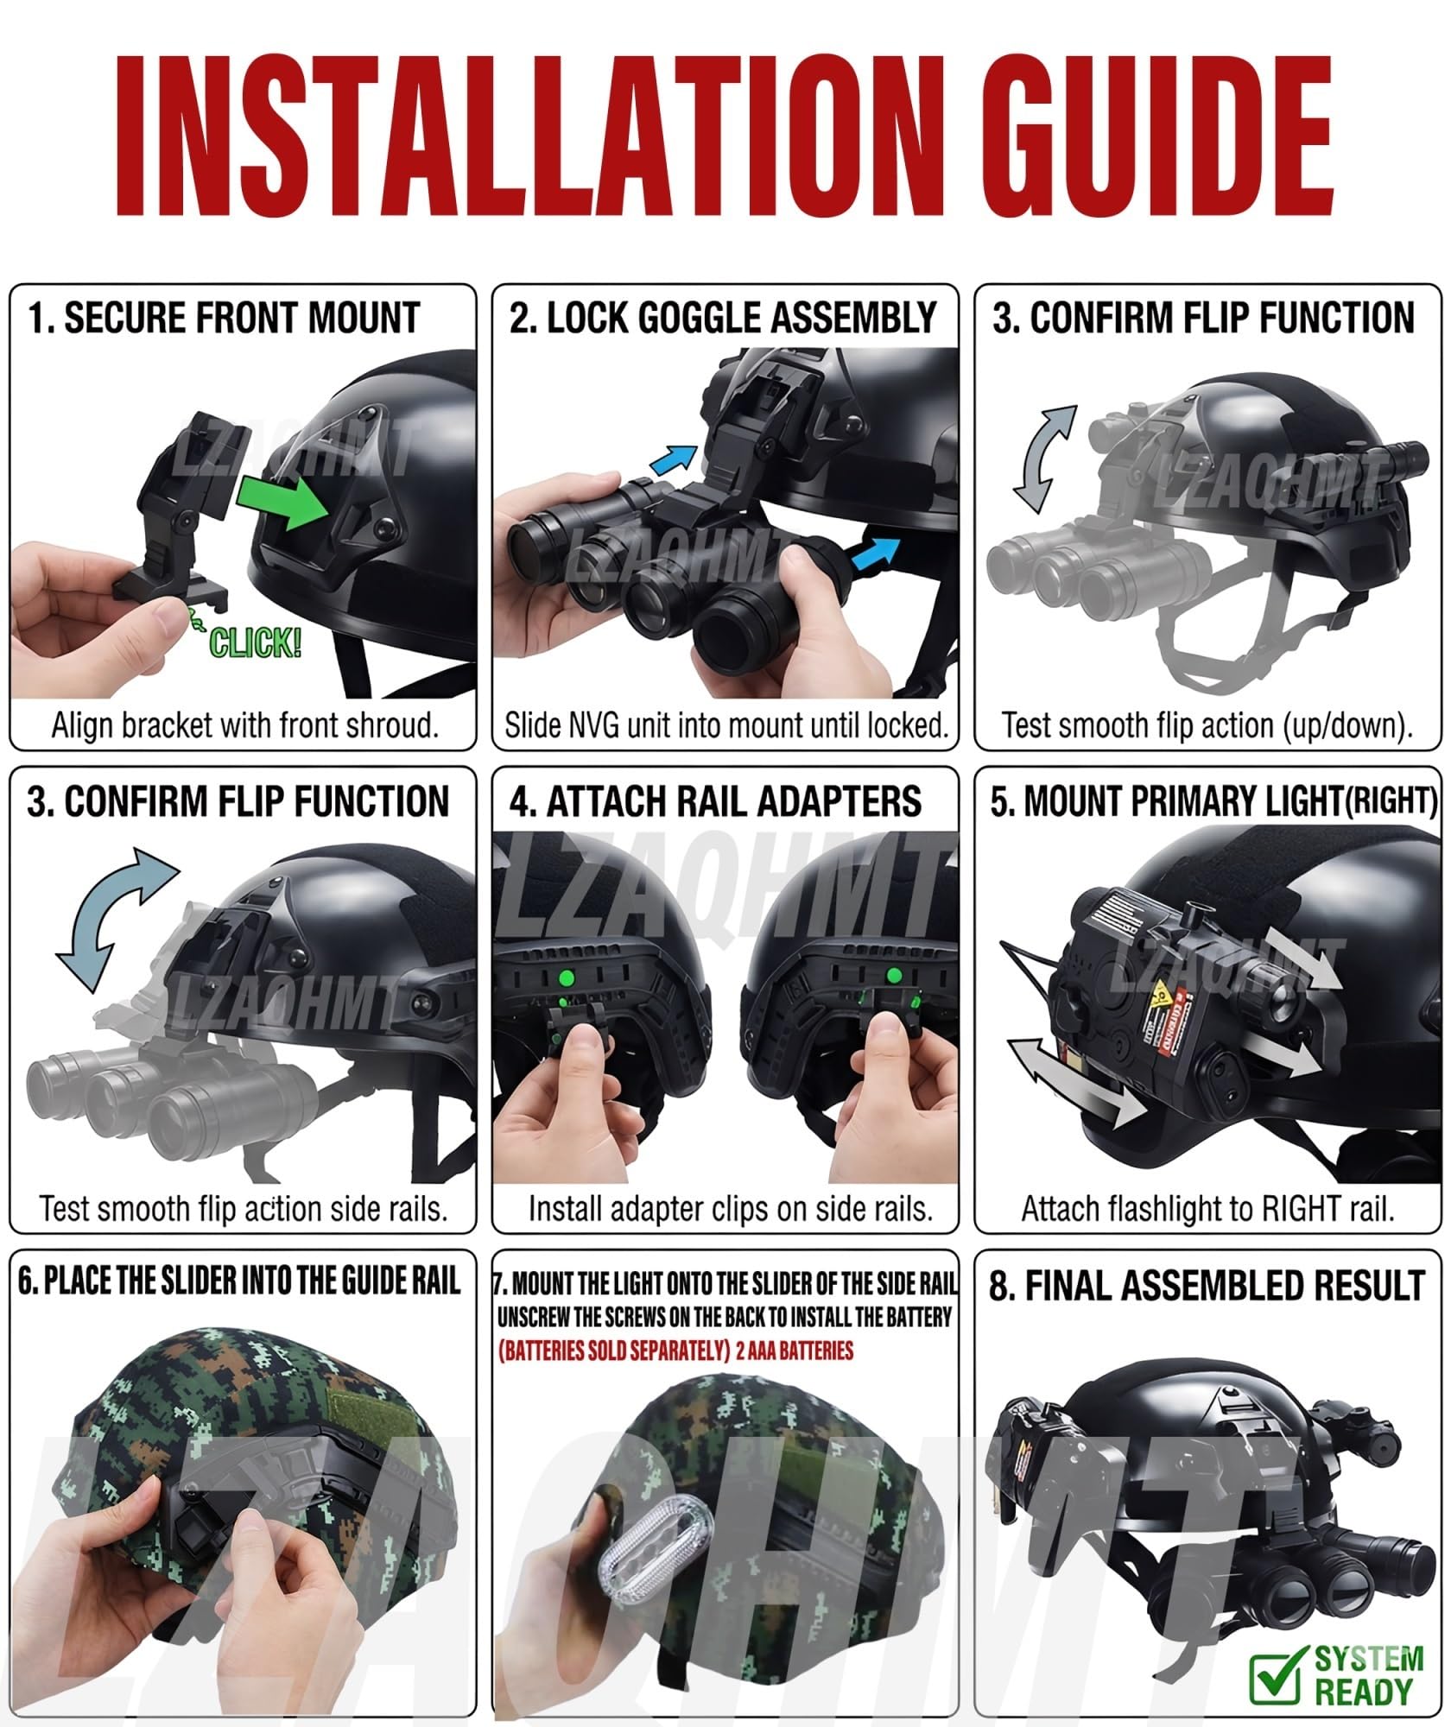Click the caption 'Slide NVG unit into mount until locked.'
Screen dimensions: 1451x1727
[x=726, y=725]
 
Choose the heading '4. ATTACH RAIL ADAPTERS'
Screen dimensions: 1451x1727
[x=715, y=801]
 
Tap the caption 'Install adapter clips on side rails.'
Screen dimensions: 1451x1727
[x=731, y=1209]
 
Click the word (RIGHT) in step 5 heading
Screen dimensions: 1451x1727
[x=1391, y=802]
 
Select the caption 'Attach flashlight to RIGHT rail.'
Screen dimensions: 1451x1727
[x=1208, y=1209]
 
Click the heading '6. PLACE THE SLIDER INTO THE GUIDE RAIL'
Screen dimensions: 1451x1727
[x=239, y=1282]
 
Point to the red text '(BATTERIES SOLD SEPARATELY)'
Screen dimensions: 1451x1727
[x=614, y=1351]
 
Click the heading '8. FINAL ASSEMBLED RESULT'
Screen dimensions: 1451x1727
[x=1207, y=1286]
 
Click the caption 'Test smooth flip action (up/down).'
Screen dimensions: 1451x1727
[x=1207, y=725]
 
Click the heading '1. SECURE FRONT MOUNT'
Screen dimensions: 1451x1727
[x=223, y=318]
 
